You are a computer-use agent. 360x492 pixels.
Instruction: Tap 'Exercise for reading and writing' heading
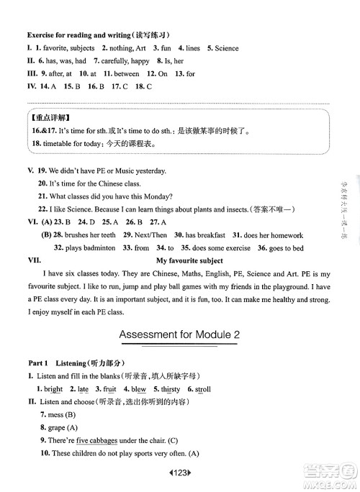click(80, 35)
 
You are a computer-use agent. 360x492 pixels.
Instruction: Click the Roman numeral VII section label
click(34, 260)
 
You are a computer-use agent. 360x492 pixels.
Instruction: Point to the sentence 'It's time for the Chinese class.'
click(98, 183)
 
